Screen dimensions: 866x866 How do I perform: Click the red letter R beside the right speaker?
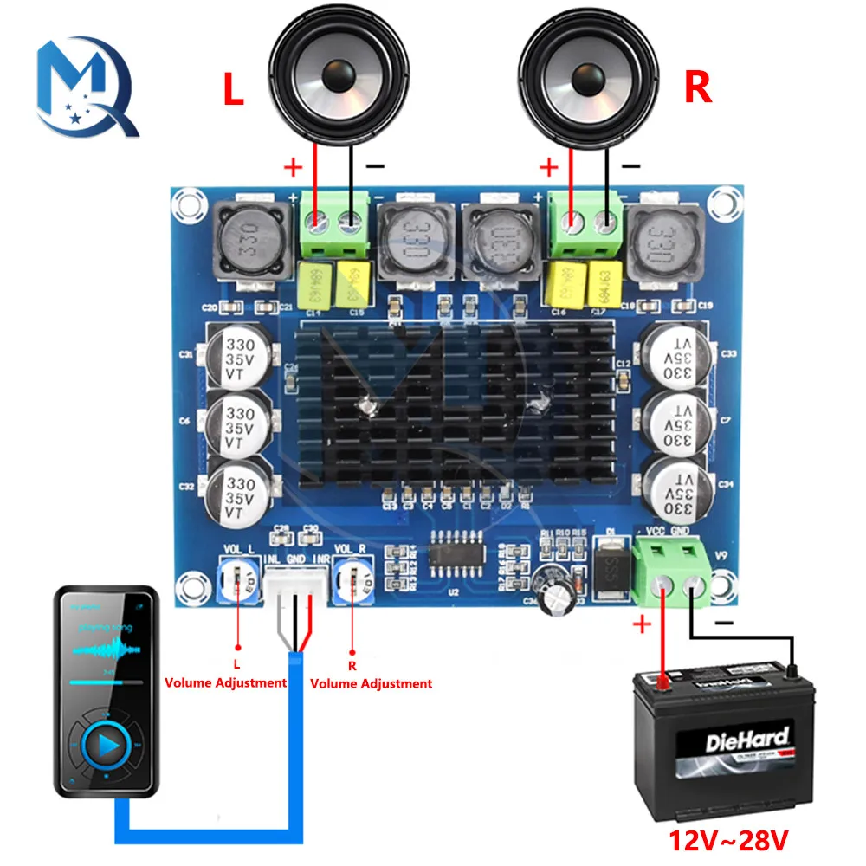pos(698,87)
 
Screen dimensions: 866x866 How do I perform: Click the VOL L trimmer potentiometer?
pos(237,577)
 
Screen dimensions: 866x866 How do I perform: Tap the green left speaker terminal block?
pos(333,223)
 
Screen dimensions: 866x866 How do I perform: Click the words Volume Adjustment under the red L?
pos(227,682)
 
